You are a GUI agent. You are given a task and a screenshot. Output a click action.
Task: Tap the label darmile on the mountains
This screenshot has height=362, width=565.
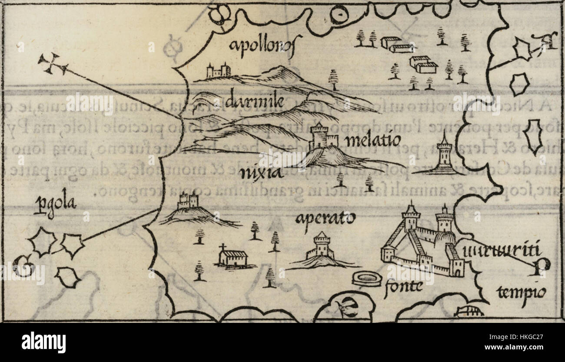point(256,101)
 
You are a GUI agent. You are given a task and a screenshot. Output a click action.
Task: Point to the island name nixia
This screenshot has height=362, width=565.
point(261,174)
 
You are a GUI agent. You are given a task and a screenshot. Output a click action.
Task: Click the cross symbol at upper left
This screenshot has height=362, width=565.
point(53,64)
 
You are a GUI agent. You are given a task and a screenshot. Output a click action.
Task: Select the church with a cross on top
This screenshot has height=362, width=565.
point(232,256)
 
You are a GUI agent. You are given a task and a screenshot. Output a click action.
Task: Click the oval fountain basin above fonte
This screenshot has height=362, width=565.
point(366,279)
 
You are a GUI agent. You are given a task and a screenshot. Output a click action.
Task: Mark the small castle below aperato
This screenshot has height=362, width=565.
point(322,247)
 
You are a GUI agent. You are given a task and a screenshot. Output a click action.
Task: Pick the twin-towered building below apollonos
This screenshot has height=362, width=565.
point(218,71)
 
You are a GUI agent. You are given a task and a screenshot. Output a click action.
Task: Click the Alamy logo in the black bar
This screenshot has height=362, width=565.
point(43,342)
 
